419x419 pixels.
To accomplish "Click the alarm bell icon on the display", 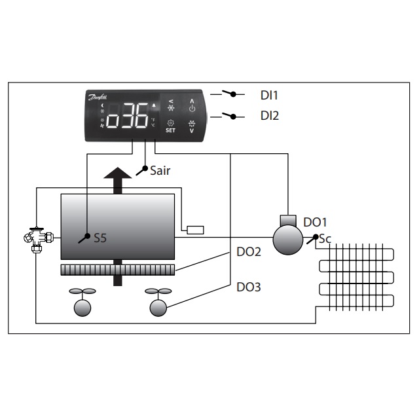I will (154, 105).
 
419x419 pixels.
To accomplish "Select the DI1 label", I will (269, 96).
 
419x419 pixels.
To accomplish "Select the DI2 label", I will (269, 116).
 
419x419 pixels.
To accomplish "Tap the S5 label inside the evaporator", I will (100, 239).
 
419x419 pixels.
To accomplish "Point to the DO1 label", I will (314, 223).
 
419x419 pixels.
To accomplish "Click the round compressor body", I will (287, 238).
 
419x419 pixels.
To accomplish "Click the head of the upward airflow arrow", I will (118, 176).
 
